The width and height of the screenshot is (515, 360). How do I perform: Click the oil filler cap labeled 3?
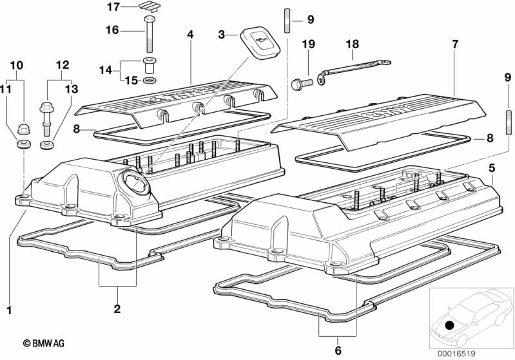260,43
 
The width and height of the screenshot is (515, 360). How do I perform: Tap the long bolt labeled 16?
150,33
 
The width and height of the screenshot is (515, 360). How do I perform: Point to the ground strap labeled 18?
353,70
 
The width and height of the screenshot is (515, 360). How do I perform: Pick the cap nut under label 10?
24,129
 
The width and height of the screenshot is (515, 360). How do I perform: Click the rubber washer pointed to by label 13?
47,144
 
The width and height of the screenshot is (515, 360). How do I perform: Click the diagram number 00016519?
456,354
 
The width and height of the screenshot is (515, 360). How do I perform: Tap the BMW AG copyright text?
44,343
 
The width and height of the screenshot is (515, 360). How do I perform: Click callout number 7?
454,44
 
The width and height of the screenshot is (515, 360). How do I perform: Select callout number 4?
191,34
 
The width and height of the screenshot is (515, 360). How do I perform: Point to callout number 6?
338,350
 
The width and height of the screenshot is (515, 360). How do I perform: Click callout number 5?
492,168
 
